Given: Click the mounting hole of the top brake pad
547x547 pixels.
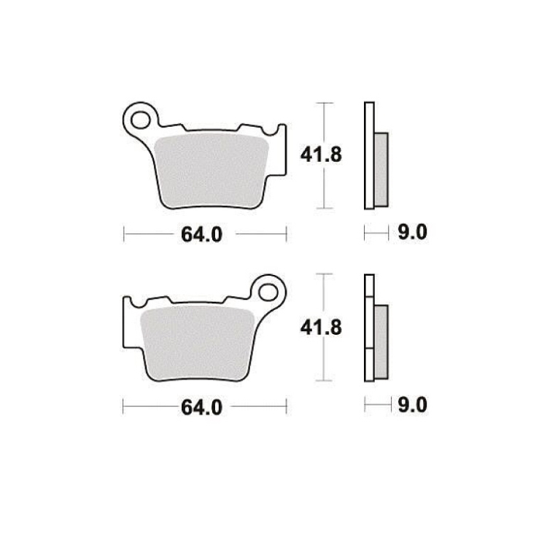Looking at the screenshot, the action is [x=141, y=120].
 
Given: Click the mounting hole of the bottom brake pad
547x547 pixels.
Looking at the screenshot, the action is [x=268, y=292].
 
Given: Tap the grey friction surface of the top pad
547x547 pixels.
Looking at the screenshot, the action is [x=212, y=170].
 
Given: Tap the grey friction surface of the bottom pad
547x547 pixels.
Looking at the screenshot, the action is [x=198, y=343].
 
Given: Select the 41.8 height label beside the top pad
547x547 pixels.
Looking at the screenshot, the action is [x=321, y=155].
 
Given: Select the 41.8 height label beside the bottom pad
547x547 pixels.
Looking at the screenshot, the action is [x=321, y=327].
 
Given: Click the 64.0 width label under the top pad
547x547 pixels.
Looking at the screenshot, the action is [x=201, y=234].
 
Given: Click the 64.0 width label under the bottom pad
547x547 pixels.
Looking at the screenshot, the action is [x=201, y=407].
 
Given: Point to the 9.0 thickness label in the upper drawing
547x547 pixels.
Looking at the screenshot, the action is [x=412, y=232].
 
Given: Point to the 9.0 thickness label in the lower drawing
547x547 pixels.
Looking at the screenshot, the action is [x=412, y=405].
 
